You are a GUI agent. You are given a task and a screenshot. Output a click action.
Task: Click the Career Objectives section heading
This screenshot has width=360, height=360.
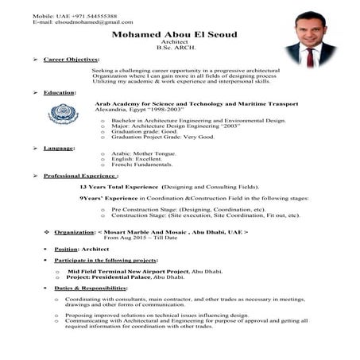point(71,60)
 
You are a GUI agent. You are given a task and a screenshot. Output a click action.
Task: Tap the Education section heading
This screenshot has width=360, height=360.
point(60,92)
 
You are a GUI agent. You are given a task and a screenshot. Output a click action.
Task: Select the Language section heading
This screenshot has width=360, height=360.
point(60,147)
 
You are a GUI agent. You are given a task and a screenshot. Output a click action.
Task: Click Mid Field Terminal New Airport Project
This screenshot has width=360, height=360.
point(134,271)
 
